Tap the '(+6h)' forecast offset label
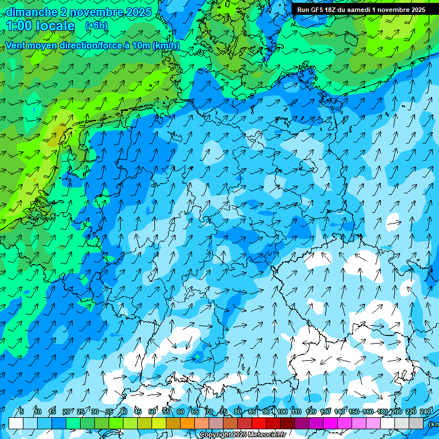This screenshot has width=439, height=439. (x=96, y=26)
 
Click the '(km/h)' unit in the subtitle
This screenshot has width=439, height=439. (x=166, y=46)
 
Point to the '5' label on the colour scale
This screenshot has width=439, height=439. (x=22, y=412)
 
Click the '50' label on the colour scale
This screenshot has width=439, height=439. (x=152, y=412)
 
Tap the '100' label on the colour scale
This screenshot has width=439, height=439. (x=282, y=412)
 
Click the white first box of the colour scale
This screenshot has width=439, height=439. (x=16, y=423)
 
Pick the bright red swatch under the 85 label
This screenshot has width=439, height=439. (x=259, y=423)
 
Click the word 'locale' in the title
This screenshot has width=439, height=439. (x=55, y=26)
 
